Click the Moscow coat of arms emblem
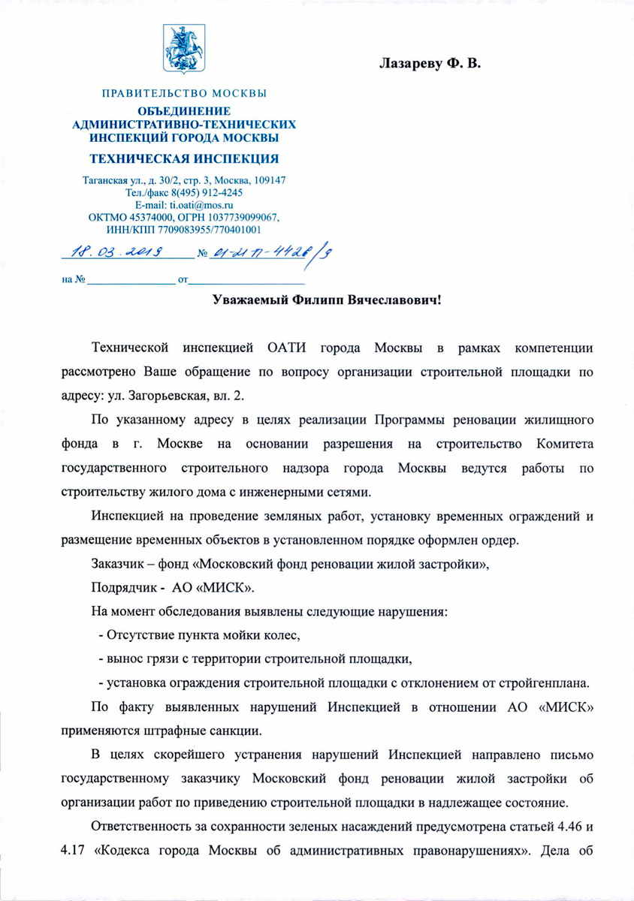point(183,47)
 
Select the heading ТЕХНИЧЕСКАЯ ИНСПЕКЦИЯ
point(184,158)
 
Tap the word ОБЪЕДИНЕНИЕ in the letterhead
point(184,112)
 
